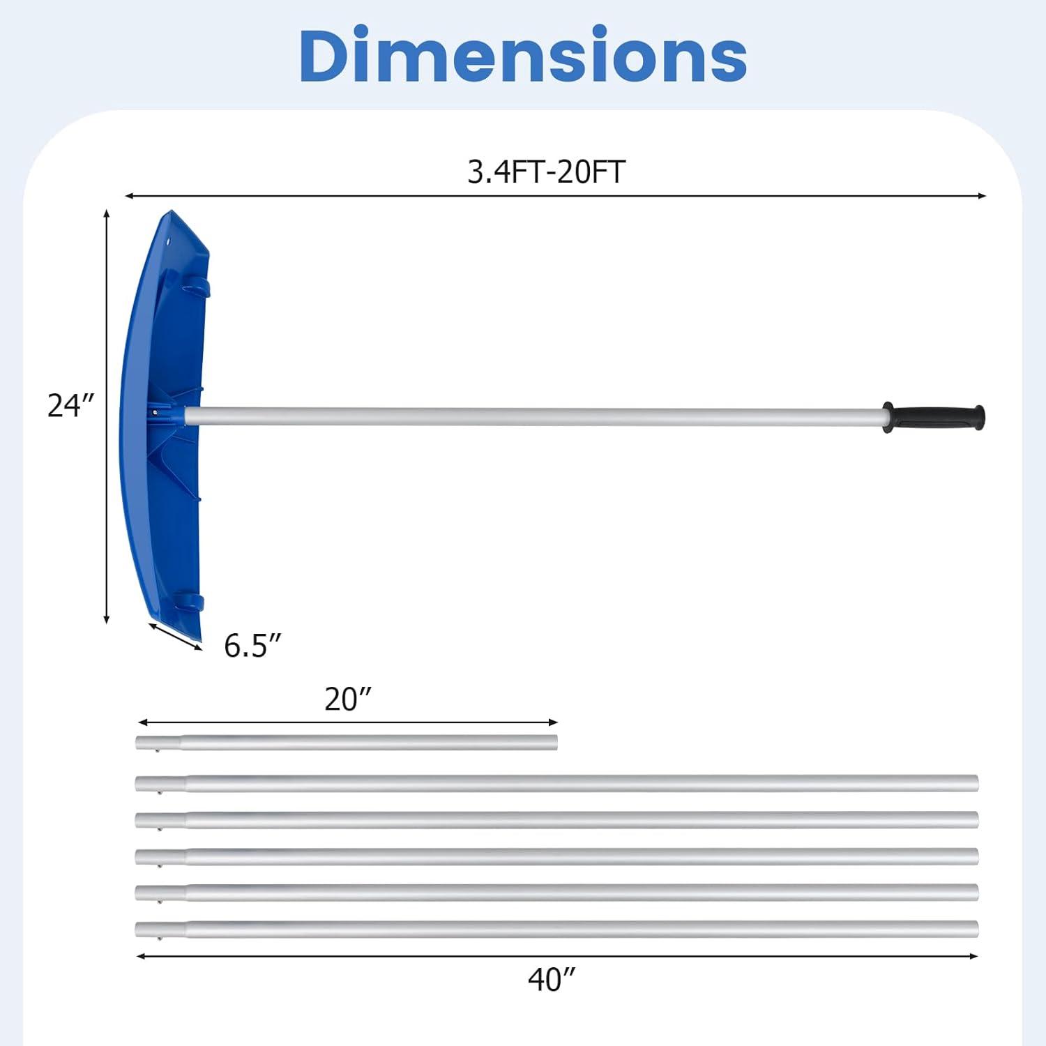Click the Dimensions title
tap(523, 56)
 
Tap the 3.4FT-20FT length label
tap(546, 172)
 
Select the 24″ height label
tap(70, 406)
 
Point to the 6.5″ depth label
tap(252, 646)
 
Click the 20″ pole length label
tap(348, 699)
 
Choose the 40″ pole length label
tap(552, 980)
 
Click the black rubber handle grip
tap(934, 417)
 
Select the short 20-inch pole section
tap(347, 743)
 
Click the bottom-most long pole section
tap(556, 930)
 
